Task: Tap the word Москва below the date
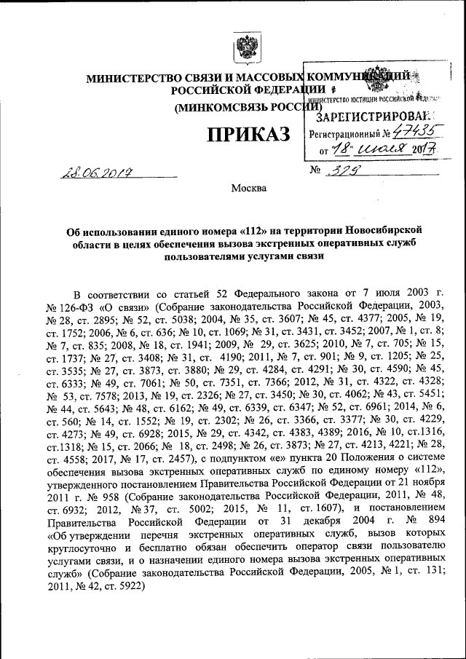(x=249, y=189)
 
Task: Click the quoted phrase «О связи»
(x=115, y=306)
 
